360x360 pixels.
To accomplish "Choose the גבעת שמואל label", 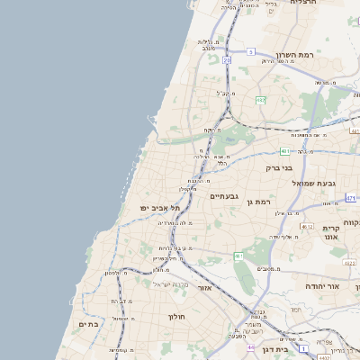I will (x=313, y=183).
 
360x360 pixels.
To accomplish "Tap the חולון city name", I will (x=175, y=317).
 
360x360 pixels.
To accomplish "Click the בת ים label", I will (x=88, y=324).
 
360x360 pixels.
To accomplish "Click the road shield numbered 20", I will (x=226, y=60).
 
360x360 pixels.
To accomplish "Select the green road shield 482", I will (x=260, y=100).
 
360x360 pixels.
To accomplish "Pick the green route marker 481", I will (x=285, y=151).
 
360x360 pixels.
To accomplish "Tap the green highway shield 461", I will (x=239, y=256).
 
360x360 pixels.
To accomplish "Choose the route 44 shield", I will (x=249, y=346).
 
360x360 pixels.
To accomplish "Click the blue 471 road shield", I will (x=350, y=197).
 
